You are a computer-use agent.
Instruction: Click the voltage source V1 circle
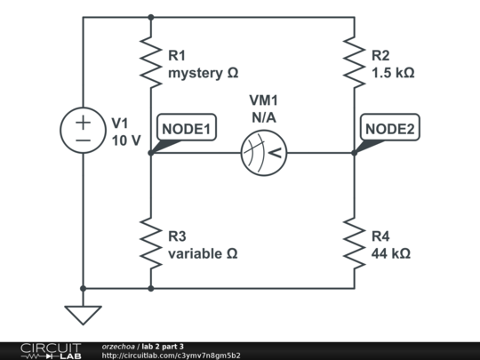(x=82, y=130)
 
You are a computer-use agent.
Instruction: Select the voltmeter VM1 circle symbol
(x=264, y=153)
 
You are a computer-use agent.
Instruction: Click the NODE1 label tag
(x=186, y=129)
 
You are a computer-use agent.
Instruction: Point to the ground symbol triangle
(x=82, y=315)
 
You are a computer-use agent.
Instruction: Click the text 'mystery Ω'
(x=204, y=72)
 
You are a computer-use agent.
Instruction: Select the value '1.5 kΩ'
(x=392, y=72)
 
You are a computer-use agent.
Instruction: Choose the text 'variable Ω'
(x=203, y=253)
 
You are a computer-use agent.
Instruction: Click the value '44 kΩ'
(x=390, y=253)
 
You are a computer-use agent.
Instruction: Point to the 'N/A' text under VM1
(x=264, y=116)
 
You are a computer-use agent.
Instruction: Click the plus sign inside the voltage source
(x=82, y=121)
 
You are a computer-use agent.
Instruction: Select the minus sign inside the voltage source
(x=82, y=140)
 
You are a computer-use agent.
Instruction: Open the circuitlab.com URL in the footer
(x=171, y=356)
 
